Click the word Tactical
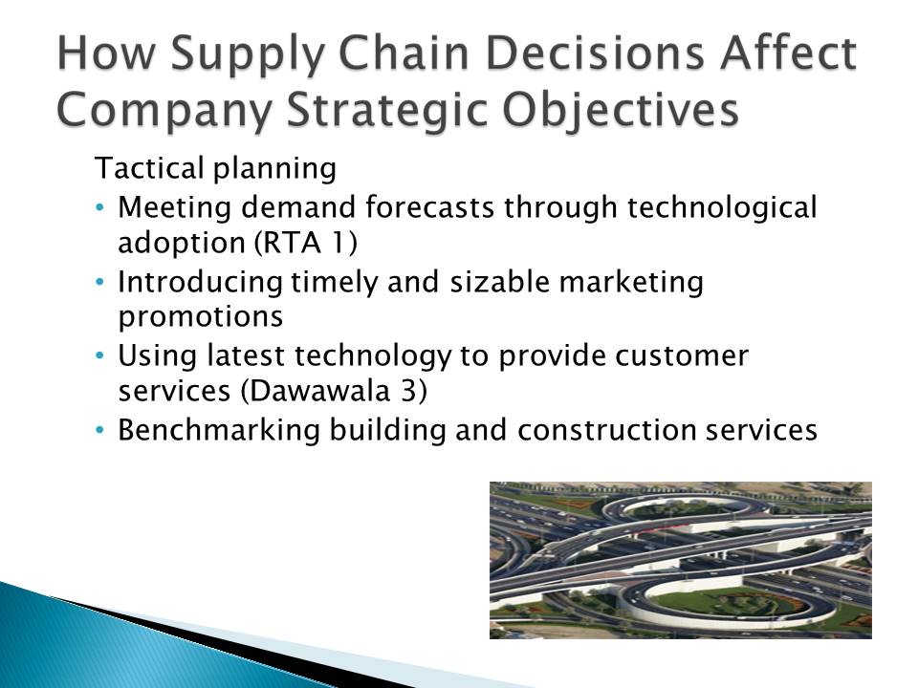149,168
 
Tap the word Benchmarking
219,432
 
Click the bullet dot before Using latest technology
100,355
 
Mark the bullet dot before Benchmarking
100,429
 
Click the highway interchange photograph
680,560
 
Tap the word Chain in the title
404,54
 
